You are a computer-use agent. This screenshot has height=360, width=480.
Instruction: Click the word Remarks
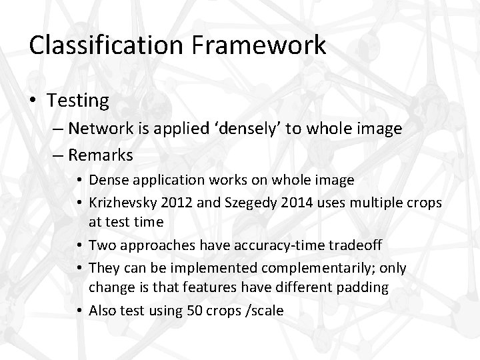point(101,155)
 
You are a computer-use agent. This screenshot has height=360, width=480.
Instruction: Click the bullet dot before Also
point(79,311)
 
